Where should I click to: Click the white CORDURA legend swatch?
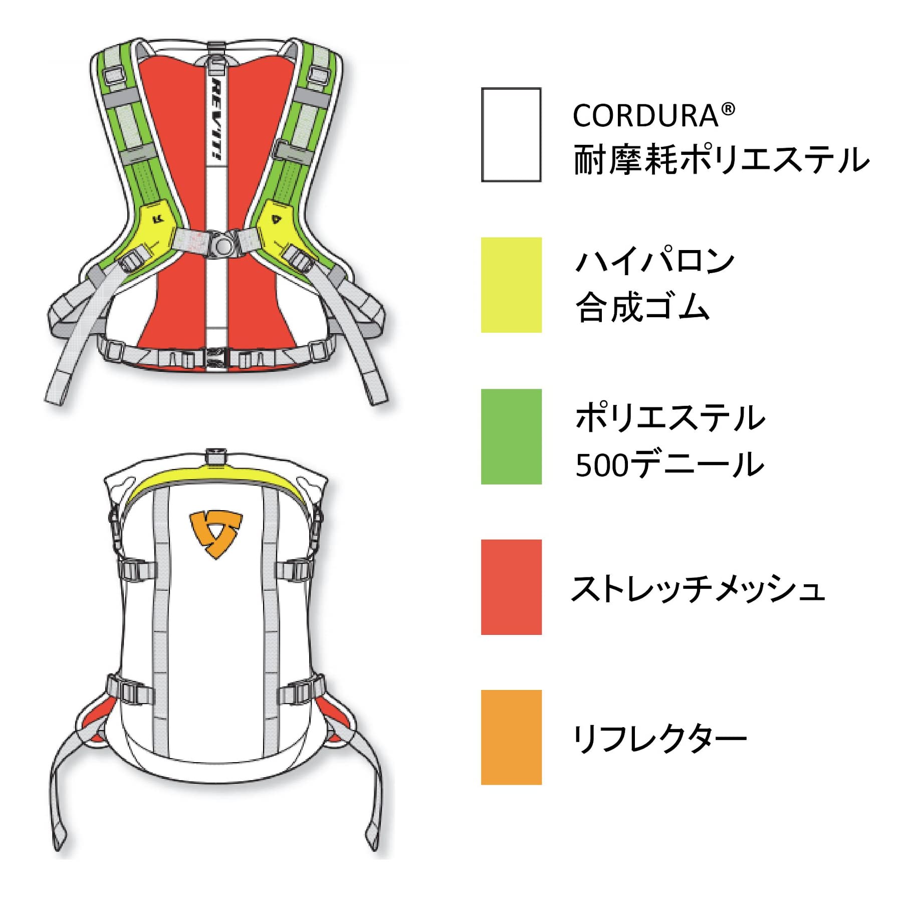tap(511, 134)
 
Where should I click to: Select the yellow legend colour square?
tap(511, 285)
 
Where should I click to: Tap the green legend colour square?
tap(511, 436)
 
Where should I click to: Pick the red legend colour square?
tap(511, 587)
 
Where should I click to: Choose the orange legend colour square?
tap(511, 737)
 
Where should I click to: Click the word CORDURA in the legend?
tap(646, 116)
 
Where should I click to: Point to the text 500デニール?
tap(669, 465)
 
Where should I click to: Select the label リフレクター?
tap(659, 739)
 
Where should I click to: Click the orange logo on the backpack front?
tap(216, 534)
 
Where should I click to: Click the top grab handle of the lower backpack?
tap(216, 456)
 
